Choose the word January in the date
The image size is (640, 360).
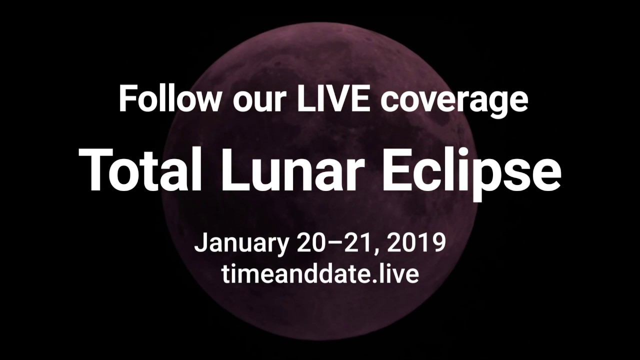[241, 244]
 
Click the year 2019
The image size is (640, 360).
[416, 242]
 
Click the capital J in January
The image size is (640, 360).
[200, 242]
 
